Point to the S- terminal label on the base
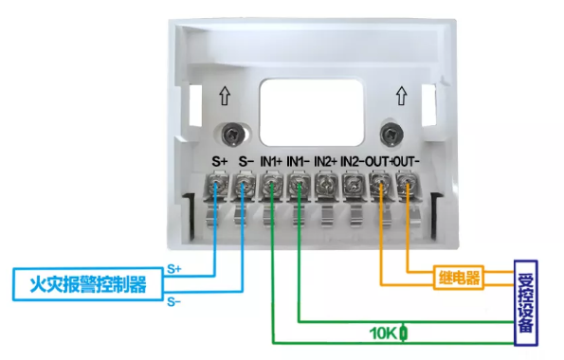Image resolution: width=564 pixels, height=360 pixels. [246, 162]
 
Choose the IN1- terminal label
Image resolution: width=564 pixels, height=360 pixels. [299, 162]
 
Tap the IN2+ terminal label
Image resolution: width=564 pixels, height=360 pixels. [326, 162]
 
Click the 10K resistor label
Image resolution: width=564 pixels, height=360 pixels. [384, 333]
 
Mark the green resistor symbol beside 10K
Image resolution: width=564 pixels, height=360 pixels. [404, 333]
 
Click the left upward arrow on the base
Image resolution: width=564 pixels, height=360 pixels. [225, 96]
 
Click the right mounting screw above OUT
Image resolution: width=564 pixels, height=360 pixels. [387, 132]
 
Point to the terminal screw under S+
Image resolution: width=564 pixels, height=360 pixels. [218, 187]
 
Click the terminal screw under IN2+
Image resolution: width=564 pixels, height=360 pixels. [326, 187]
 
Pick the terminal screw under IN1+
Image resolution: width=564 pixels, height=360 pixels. [272, 187]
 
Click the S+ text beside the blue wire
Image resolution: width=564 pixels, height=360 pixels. [173, 270]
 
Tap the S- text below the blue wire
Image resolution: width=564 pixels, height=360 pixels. [173, 301]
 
